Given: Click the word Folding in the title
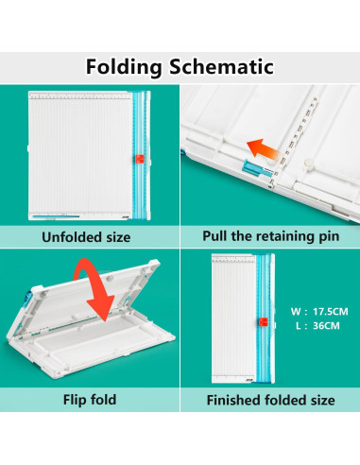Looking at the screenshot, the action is click(124, 67).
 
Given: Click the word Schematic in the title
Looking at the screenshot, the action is click(222, 66).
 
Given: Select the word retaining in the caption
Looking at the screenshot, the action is click(283, 236).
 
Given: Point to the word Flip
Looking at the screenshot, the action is click(75, 400).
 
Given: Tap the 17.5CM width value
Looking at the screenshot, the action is click(331, 312).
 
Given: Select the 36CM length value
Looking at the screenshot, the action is click(326, 325).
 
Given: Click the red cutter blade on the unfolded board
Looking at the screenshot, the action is click(140, 159).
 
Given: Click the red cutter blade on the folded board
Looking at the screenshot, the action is click(263, 322).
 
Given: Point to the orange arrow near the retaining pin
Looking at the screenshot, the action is click(262, 149).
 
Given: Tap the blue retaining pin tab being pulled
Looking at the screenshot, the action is click(253, 168).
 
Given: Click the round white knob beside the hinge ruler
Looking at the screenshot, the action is click(308, 164).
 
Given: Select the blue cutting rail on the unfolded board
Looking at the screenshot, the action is click(140, 155).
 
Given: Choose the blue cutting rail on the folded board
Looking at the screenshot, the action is click(264, 319).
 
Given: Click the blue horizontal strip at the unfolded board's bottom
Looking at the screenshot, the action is click(56, 216).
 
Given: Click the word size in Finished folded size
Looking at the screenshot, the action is click(323, 401).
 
